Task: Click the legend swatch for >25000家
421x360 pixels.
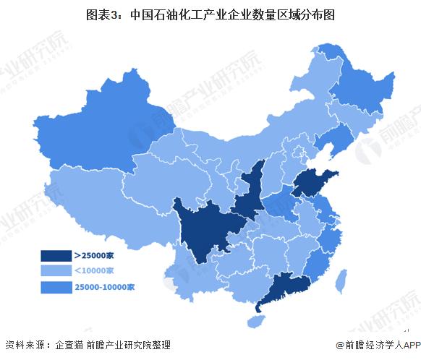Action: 55,254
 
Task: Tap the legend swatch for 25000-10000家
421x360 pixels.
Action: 55,286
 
